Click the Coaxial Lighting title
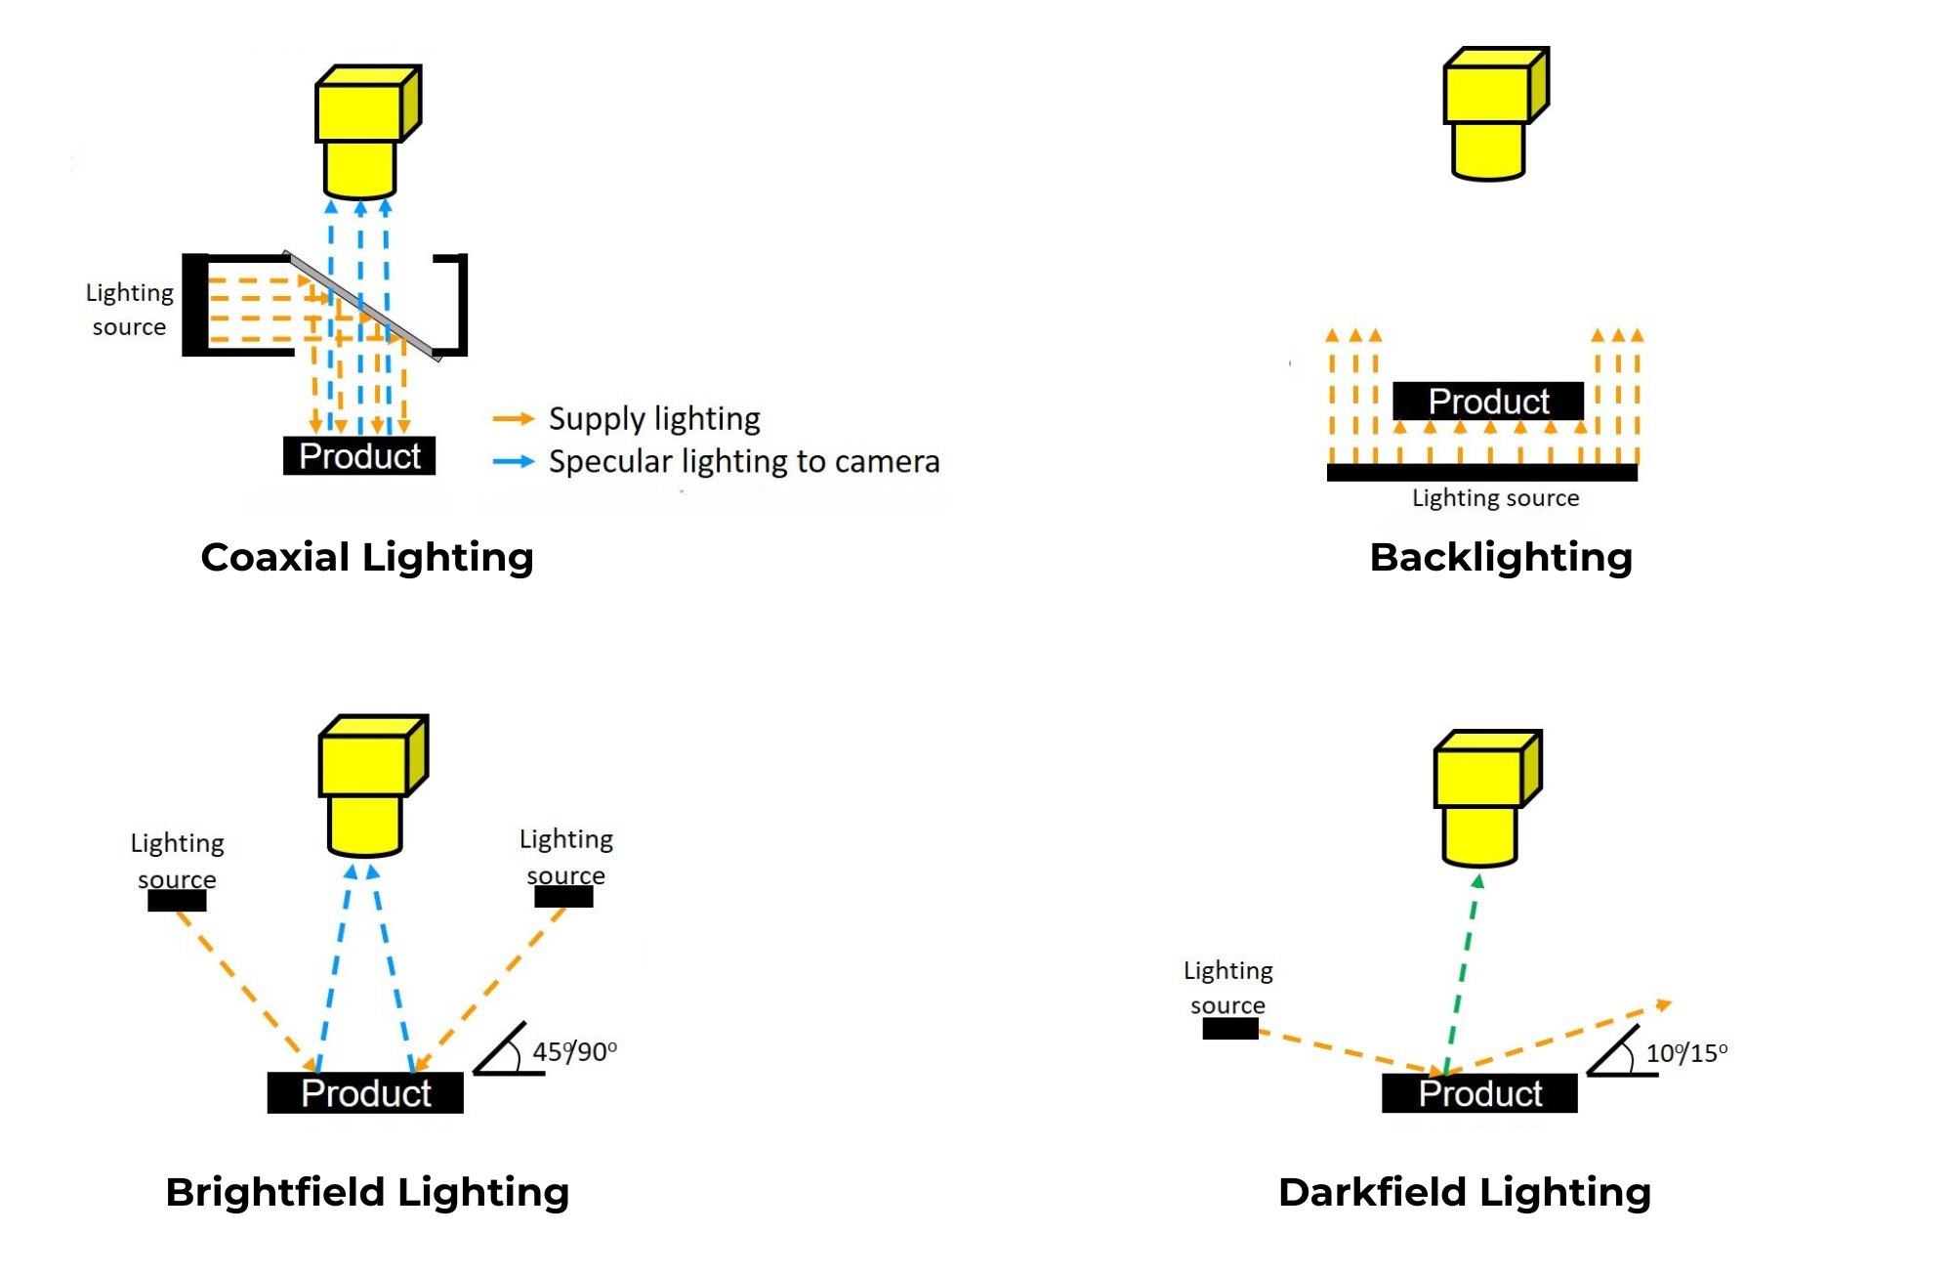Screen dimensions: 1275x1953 367,557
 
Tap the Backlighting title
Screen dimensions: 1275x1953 1501,557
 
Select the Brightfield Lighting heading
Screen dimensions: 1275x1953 367,1192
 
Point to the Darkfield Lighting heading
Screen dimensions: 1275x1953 1465,1192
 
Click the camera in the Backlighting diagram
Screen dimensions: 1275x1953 1492,112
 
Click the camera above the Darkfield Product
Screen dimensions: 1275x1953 1484,796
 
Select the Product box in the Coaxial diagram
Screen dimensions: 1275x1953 359,456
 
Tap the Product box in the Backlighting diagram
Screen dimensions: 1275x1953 1488,402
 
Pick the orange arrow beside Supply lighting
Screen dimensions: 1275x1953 514,419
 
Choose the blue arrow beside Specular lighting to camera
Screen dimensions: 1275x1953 514,461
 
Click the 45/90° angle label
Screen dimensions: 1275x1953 574,1052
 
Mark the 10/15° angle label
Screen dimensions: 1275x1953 1686,1053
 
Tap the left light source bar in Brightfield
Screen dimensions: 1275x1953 177,901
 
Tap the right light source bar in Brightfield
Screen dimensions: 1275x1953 563,897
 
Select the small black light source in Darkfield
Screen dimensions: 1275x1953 1229,1029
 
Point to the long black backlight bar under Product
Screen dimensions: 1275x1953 1481,473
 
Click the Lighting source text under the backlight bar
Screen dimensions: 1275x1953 1495,498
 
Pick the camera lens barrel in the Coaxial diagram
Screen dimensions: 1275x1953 359,169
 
